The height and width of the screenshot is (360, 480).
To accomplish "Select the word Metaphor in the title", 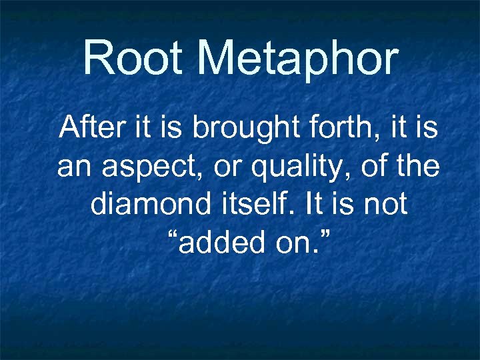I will [x=298, y=59].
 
